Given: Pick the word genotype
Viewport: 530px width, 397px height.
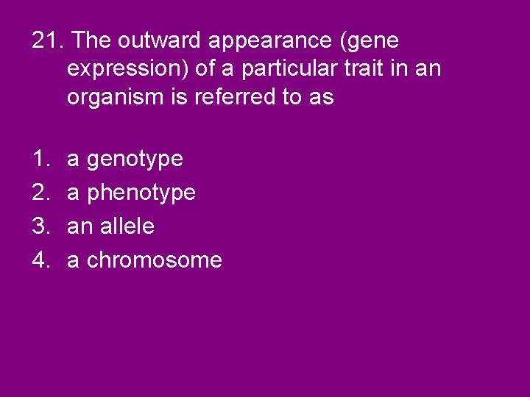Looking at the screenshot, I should click(x=135, y=160).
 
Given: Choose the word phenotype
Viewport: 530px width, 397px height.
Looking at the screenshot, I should click(x=141, y=193).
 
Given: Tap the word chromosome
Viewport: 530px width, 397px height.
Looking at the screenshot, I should click(x=155, y=260).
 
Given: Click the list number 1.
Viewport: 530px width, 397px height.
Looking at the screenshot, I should click(x=39, y=158).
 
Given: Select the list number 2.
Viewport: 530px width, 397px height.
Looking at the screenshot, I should click(x=39, y=192).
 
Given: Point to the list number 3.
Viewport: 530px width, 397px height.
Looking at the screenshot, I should click(x=39, y=226).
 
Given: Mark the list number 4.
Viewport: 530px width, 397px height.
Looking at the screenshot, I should click(x=39, y=260).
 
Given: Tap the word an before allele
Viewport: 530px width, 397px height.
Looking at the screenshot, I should click(x=77, y=226).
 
